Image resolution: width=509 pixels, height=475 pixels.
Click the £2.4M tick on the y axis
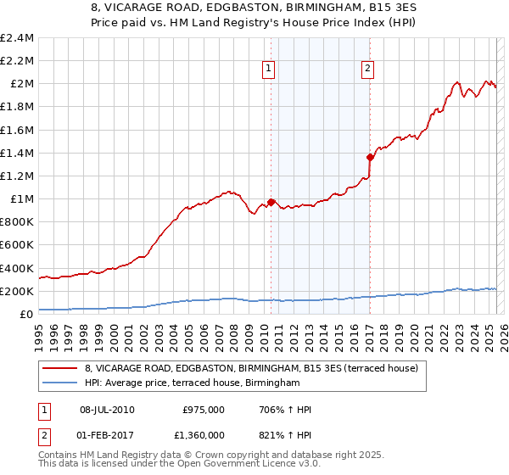click(18, 38)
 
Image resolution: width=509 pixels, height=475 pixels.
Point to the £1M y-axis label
click(21, 199)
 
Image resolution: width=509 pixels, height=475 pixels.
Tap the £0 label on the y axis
click(26, 315)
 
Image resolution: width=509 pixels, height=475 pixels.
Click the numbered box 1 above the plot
click(269, 70)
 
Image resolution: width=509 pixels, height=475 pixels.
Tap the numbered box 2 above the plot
click(368, 70)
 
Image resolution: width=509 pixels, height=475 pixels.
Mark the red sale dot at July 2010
click(271, 202)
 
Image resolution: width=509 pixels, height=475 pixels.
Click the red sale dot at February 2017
click(371, 157)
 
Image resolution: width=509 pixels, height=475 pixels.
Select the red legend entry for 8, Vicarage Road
click(251, 369)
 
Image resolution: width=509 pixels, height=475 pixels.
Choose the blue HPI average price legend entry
click(193, 383)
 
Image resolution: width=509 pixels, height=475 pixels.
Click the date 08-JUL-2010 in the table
click(107, 410)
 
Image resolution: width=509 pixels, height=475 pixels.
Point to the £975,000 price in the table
click(204, 410)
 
